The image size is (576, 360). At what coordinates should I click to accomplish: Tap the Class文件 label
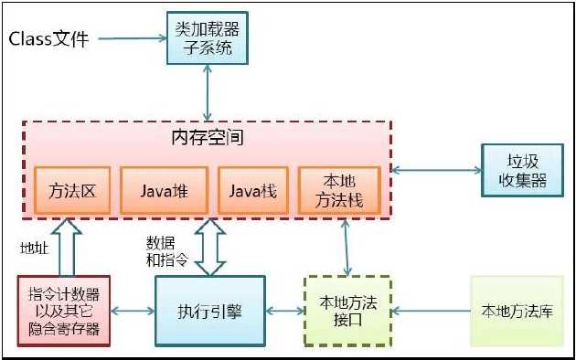pyautogui.click(x=49, y=38)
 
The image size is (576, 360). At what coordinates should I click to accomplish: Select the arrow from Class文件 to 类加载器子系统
pyautogui.click(x=131, y=38)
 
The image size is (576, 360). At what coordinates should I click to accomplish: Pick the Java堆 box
pyautogui.click(x=164, y=192)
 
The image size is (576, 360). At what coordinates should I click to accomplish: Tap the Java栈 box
pyautogui.click(x=252, y=192)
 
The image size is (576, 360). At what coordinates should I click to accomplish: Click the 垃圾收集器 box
pyautogui.click(x=522, y=170)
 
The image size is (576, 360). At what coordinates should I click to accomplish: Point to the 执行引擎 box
pyautogui.click(x=208, y=312)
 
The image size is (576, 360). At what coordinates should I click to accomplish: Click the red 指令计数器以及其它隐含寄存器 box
pyautogui.click(x=64, y=312)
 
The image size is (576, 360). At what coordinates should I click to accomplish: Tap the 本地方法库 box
pyautogui.click(x=517, y=312)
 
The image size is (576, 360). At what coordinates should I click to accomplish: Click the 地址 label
pyautogui.click(x=34, y=246)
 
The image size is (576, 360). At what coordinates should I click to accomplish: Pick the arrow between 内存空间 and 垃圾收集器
pyautogui.click(x=437, y=170)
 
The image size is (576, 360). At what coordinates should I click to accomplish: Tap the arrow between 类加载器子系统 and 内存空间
pyautogui.click(x=209, y=92)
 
